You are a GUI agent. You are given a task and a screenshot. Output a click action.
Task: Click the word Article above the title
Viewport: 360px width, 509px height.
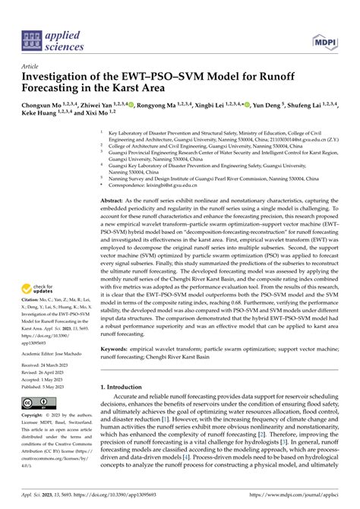point(33,67)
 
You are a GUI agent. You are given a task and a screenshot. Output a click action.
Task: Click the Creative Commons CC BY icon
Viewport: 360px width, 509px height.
point(37,403)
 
